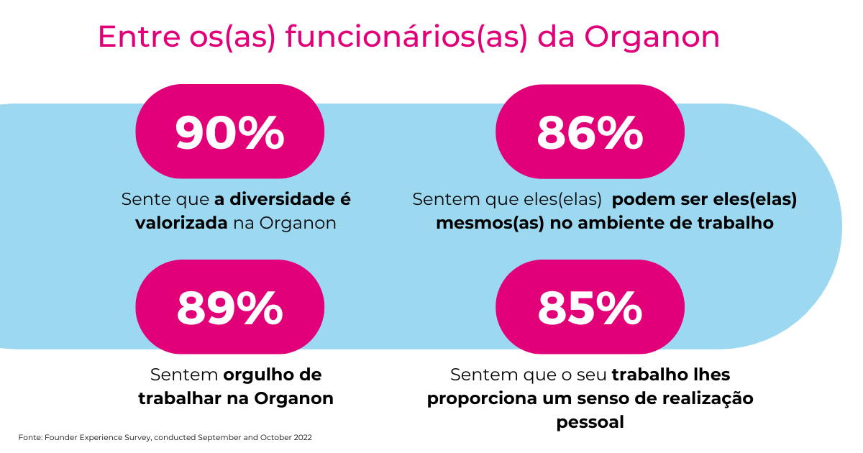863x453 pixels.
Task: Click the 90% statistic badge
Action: (x=230, y=132)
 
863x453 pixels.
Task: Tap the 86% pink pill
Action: (x=590, y=132)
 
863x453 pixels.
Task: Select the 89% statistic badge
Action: (x=230, y=307)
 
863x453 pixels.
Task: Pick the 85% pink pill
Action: (x=590, y=307)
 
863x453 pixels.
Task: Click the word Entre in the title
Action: (x=127, y=37)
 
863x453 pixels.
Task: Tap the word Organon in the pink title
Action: (x=651, y=37)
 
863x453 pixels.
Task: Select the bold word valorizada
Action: (x=181, y=223)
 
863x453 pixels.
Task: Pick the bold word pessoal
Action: (x=590, y=422)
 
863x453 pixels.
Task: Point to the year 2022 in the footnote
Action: (x=301, y=437)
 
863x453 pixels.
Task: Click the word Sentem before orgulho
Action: (x=184, y=375)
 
